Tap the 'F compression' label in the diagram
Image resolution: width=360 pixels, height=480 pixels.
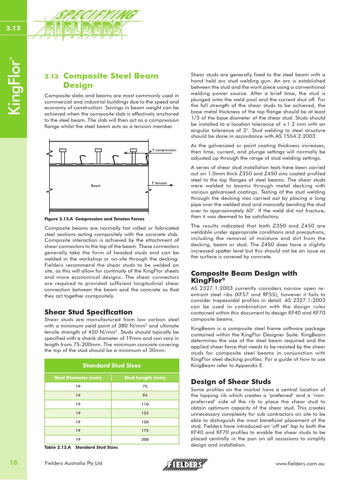click(164, 150)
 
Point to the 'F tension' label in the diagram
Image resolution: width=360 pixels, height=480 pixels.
click(159, 183)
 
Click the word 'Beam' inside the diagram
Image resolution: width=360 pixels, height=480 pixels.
click(96, 186)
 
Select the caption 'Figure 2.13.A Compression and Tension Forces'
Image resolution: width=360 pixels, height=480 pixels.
click(94, 219)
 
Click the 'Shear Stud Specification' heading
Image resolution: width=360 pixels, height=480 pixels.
click(88, 312)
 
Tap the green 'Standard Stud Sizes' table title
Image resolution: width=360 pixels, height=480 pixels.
click(112, 365)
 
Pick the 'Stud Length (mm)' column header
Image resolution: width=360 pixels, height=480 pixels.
click(145, 378)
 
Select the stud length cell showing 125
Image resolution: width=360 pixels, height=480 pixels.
click(145, 413)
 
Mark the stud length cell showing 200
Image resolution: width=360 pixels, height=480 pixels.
click(145, 439)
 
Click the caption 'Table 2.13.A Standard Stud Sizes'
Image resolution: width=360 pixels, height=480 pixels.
click(81, 447)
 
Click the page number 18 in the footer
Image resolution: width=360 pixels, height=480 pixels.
click(13, 463)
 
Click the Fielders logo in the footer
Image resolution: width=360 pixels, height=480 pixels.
click(185, 464)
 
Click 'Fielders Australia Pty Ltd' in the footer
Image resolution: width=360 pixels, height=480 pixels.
click(73, 464)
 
